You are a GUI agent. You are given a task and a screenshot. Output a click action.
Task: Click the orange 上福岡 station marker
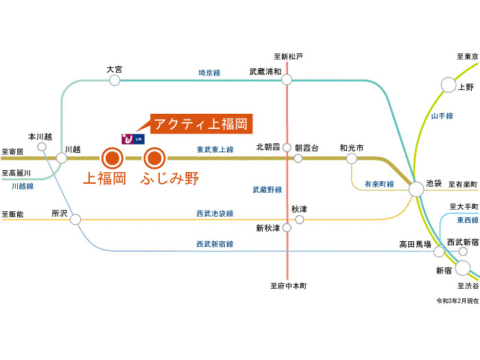click(x=112, y=158)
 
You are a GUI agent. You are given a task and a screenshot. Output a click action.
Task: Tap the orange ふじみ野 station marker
click(x=154, y=158)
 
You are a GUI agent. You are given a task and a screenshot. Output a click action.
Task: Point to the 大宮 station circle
click(x=114, y=80)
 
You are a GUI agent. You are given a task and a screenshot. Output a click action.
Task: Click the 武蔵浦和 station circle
click(x=287, y=80)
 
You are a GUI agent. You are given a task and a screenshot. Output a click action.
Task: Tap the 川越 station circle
click(x=62, y=158)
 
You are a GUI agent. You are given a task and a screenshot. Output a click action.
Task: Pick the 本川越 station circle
click(x=42, y=147)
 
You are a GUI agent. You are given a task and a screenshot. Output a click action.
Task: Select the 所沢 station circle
click(x=75, y=219)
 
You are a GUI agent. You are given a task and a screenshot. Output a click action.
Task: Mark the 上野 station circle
click(x=448, y=85)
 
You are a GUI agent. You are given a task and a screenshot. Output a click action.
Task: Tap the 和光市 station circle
click(x=352, y=158)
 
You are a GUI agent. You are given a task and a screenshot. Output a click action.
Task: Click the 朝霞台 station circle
click(x=298, y=158)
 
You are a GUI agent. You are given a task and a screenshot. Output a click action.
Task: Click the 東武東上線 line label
click(x=215, y=149)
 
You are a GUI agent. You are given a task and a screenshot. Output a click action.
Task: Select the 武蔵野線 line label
click(x=266, y=189)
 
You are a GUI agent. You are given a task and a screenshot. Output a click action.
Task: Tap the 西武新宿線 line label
click(x=215, y=243)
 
